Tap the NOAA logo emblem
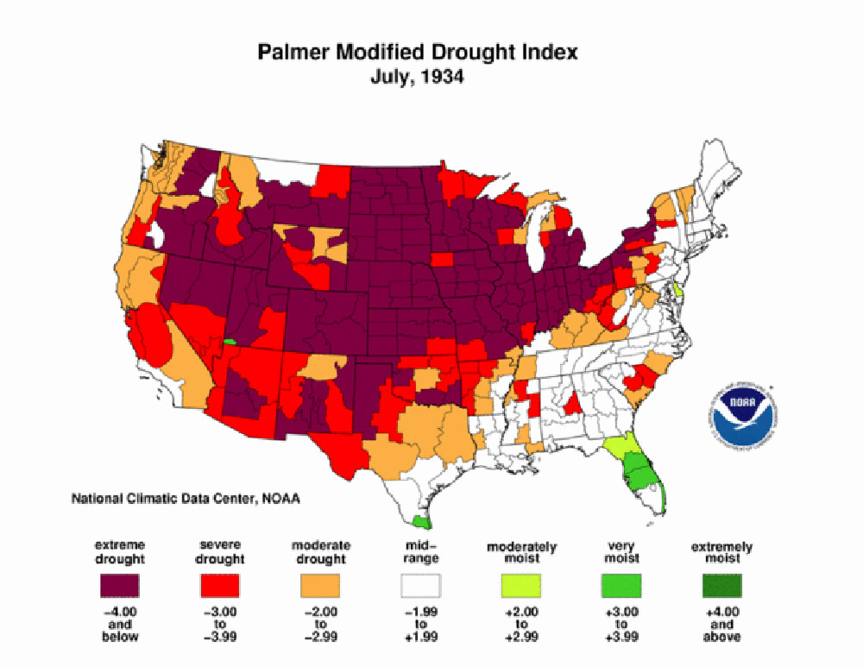740,411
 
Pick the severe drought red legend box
219,587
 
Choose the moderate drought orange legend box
320,587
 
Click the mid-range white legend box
420,587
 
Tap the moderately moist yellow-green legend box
521,587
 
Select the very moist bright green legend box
621,587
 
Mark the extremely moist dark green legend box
721,587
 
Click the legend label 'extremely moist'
721,552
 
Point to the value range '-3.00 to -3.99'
219,624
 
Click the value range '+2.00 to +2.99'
521,624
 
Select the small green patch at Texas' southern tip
421,521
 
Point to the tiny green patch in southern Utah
230,342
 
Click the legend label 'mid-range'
420,552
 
